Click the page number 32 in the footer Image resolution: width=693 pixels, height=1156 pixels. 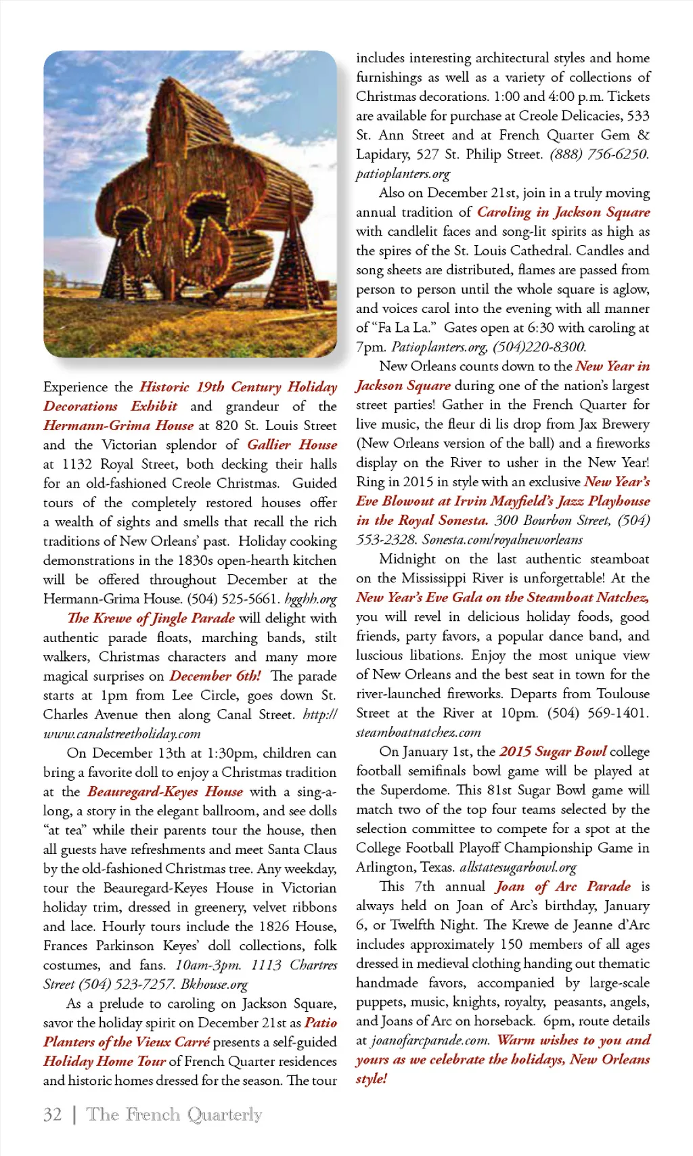(x=52, y=1115)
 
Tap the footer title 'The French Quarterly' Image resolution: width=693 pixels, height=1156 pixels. (x=175, y=1115)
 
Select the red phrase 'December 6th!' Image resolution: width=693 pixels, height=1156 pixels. (x=215, y=676)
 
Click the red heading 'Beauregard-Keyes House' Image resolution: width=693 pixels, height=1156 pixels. (x=165, y=792)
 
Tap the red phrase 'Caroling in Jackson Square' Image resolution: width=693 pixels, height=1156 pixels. (x=563, y=212)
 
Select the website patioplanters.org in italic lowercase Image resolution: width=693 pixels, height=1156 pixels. (x=403, y=174)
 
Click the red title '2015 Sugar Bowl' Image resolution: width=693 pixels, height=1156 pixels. (x=553, y=752)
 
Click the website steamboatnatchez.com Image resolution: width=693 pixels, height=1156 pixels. (x=418, y=733)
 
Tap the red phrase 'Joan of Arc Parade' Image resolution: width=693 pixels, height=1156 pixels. (x=562, y=886)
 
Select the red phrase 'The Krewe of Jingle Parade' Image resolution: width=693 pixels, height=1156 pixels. (x=151, y=618)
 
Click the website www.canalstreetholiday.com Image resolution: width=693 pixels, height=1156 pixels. (x=122, y=734)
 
